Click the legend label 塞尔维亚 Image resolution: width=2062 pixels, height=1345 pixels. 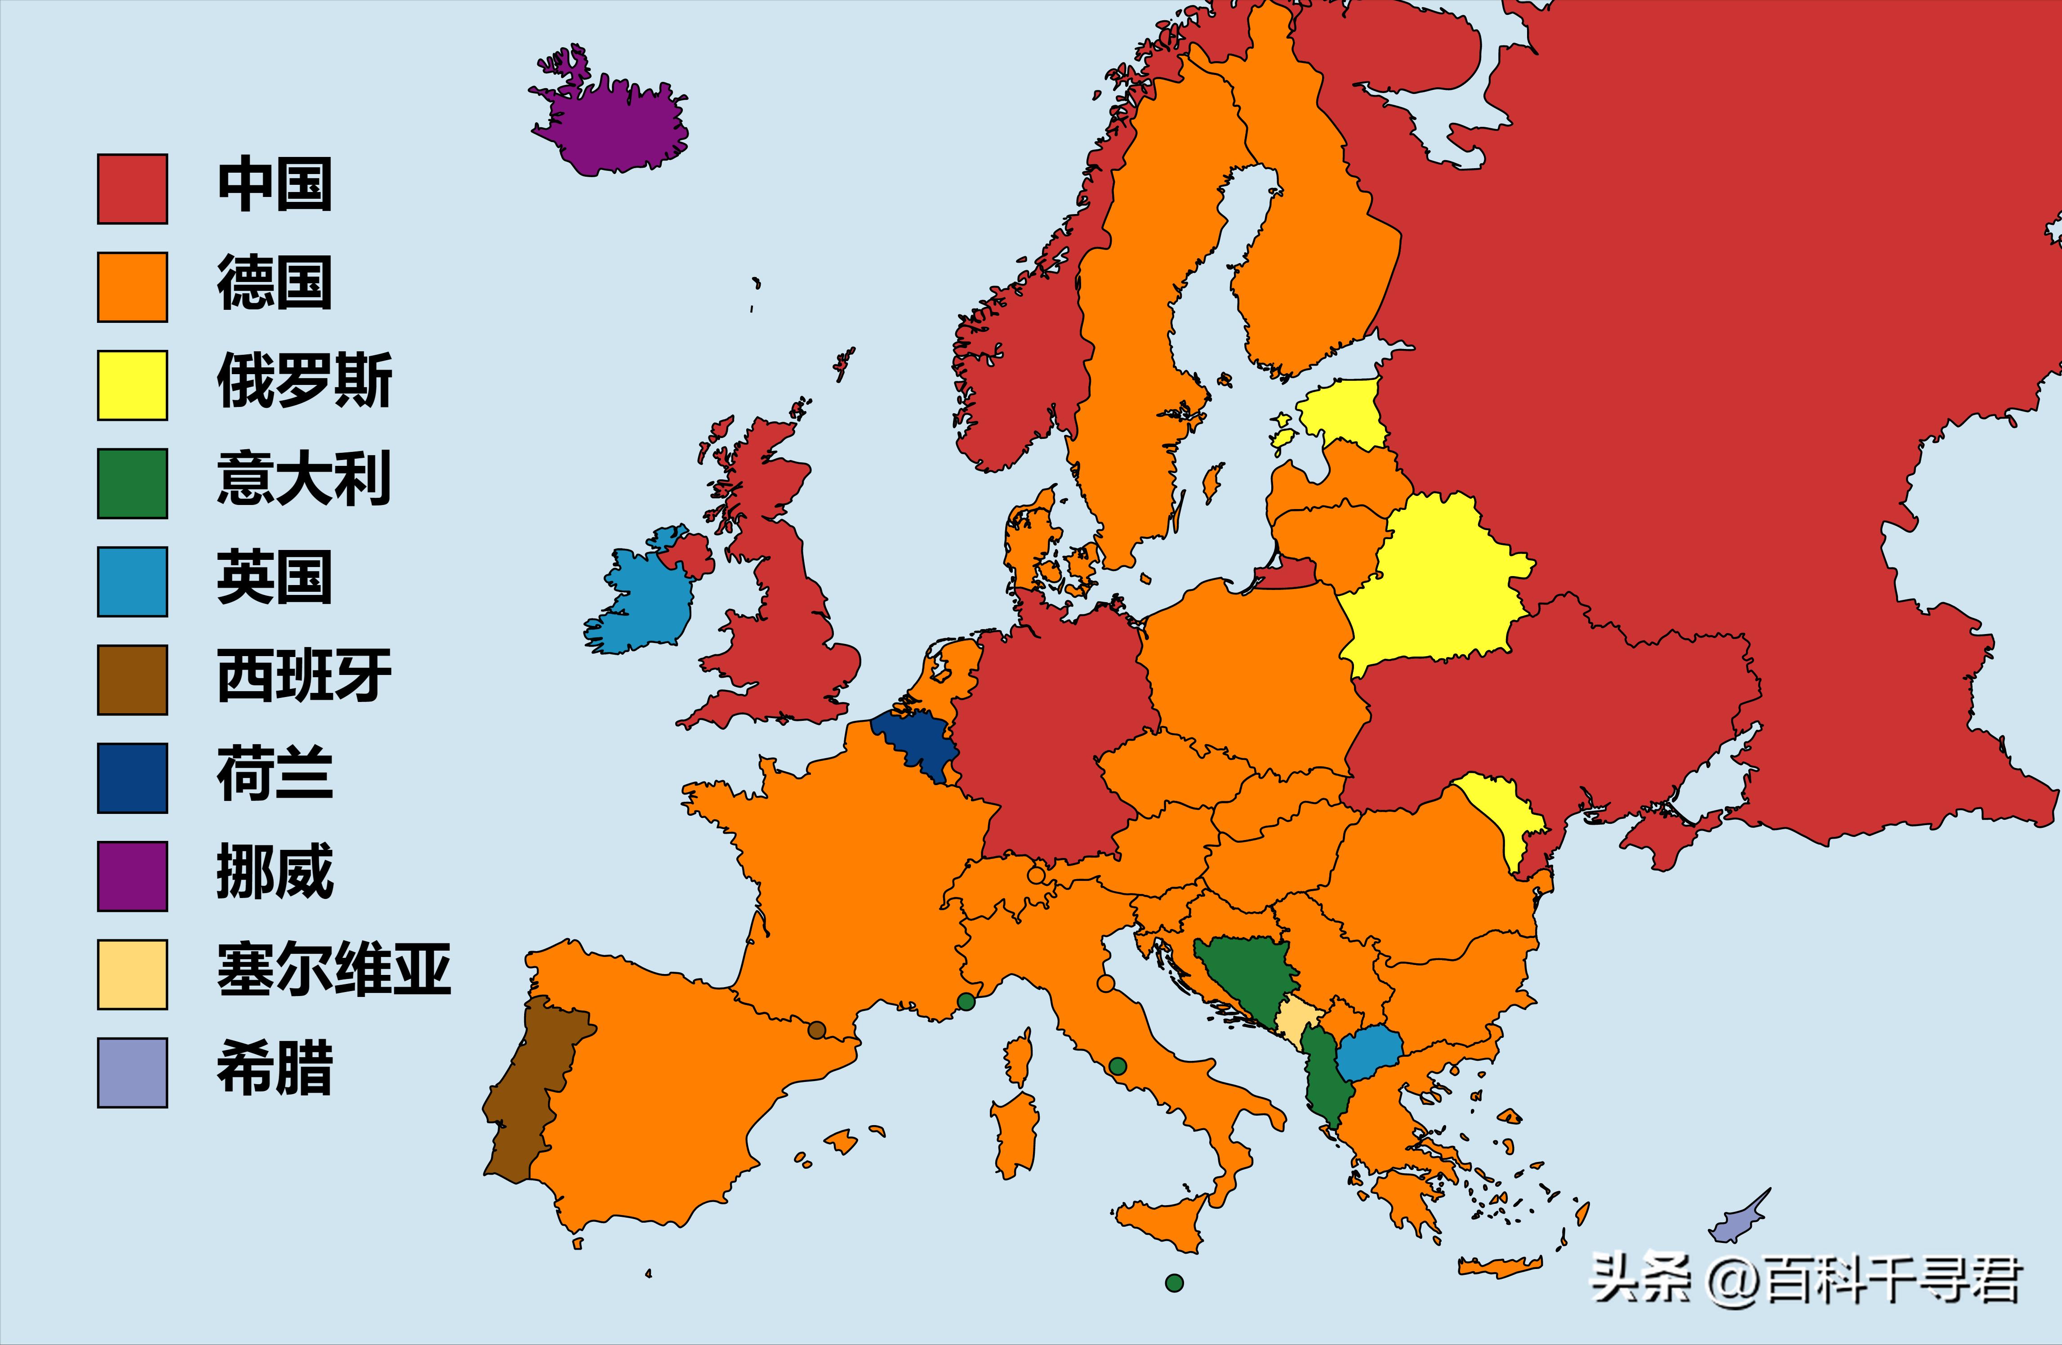(334, 970)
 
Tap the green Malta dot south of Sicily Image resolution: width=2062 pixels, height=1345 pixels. (1174, 1282)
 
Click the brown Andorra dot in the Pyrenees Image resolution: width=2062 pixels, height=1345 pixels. (816, 1030)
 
